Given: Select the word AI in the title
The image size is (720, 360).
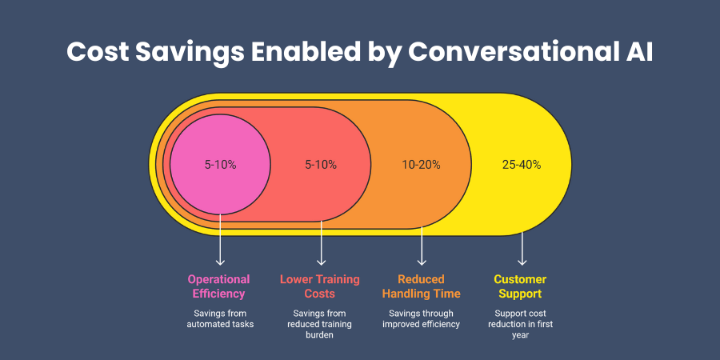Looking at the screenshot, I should [636, 52].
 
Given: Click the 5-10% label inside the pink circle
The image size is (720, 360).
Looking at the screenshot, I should [220, 165].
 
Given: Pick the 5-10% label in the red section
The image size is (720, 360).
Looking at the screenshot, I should [321, 165].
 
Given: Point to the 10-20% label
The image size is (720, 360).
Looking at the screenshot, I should [422, 165].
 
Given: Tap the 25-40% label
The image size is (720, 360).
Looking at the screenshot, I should [522, 165].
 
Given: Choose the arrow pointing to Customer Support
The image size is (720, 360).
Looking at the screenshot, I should [522, 248].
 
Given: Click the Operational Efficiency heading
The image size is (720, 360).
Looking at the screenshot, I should [219, 286].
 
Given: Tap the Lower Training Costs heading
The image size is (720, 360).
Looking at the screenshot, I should [320, 286].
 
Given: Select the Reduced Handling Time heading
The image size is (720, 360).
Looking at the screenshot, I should [421, 286].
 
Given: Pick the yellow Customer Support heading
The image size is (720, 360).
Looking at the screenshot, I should [520, 286].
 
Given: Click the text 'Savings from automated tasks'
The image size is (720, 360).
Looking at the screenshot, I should [219, 318].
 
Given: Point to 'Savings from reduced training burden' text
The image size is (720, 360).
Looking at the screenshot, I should [320, 324].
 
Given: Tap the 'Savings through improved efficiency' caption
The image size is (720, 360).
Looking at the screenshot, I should [421, 318].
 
